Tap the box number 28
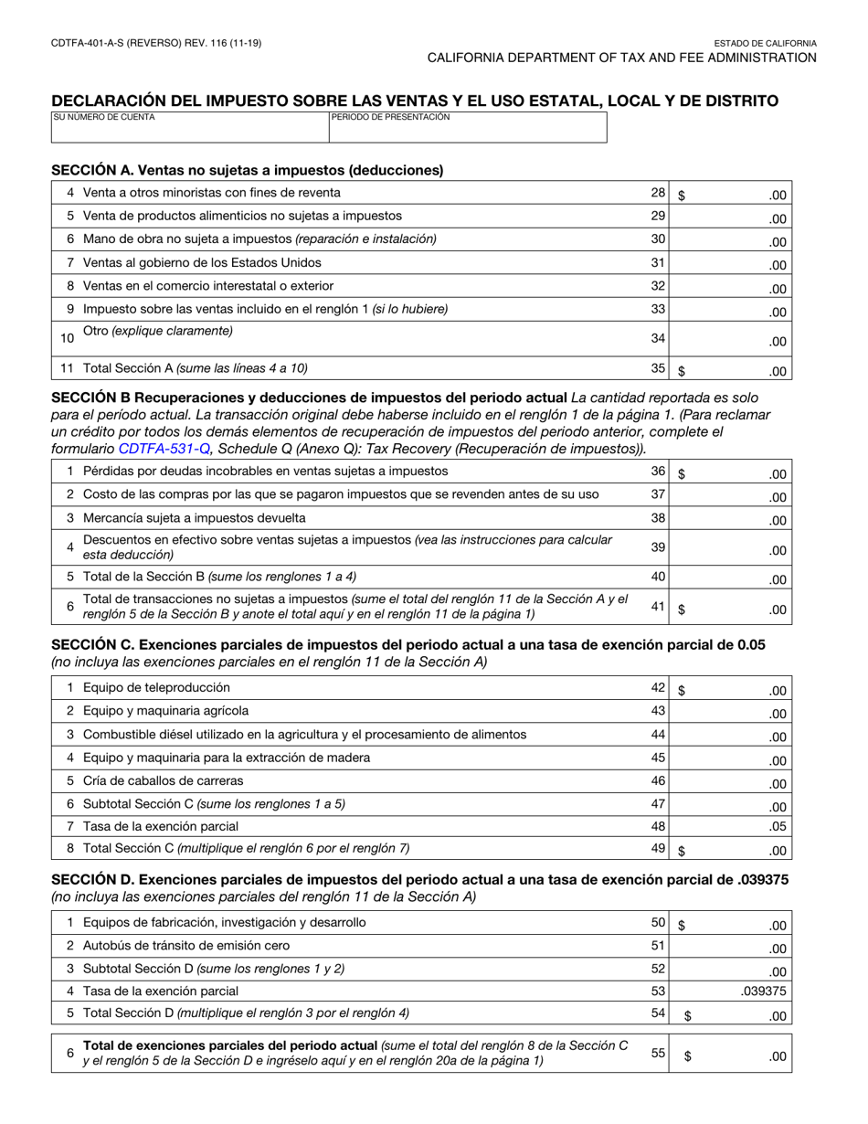coord(658,193)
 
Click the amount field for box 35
coord(731,369)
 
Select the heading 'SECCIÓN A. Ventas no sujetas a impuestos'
coord(247,170)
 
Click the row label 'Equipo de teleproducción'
coord(156,688)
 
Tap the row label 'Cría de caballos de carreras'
coord(164,781)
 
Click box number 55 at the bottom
coord(658,1053)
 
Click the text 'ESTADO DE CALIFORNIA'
coord(765,43)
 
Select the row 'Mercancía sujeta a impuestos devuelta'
coord(195,518)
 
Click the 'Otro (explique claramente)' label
coord(157,331)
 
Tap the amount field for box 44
coord(731,736)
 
